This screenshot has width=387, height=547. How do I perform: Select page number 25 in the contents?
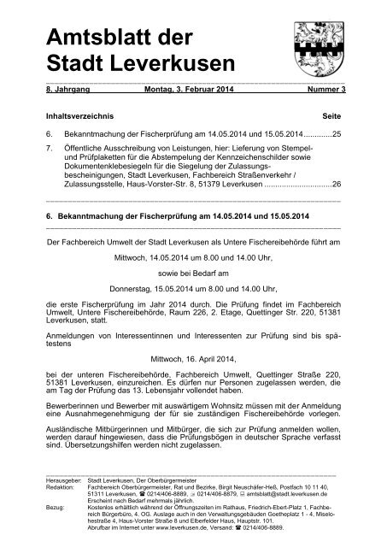[x=337, y=135]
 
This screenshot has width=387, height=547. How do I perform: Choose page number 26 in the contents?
[x=337, y=184]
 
